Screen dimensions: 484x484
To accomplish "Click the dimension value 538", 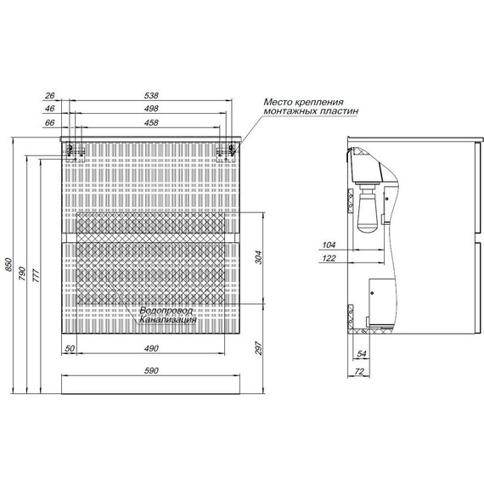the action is point(151,96).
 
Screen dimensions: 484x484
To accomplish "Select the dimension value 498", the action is point(151,109).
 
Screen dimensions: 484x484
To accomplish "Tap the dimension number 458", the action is point(151,123).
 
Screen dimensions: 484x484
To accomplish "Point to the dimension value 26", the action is point(50,96).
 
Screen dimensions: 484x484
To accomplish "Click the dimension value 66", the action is point(50,123).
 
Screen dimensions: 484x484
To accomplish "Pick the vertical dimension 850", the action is point(9,265).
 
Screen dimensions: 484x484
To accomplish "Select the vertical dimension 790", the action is point(23,273).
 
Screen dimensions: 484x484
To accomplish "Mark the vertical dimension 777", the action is point(37,276).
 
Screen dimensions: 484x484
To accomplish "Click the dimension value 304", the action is point(258,257).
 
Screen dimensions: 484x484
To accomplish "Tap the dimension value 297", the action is point(258,348).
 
